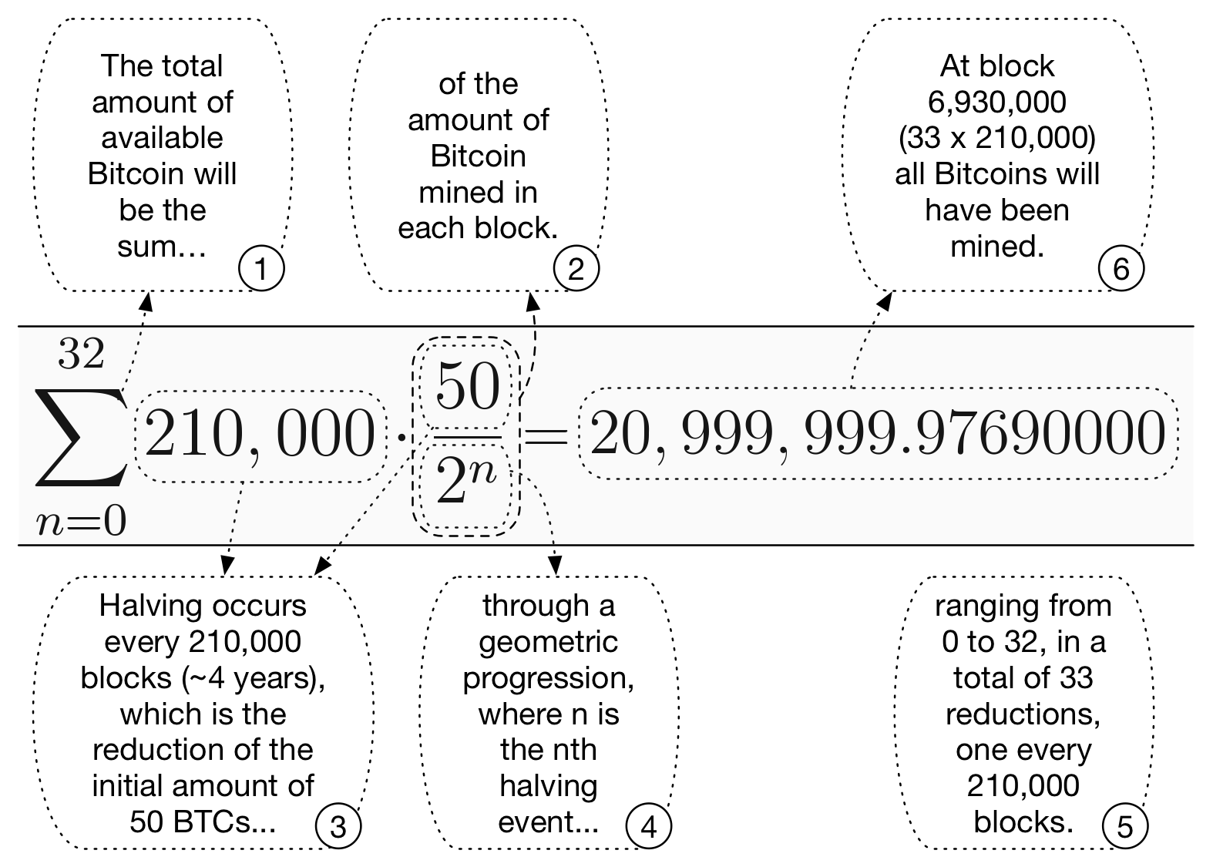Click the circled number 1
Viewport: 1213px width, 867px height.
tap(261, 270)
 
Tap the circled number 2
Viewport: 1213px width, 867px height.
tap(576, 270)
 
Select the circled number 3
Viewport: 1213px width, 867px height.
tap(338, 827)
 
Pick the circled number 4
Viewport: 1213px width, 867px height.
tap(649, 827)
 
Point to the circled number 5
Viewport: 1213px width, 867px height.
tap(1124, 827)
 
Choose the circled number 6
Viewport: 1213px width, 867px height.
tap(1121, 270)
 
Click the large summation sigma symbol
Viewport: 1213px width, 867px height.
tap(79, 438)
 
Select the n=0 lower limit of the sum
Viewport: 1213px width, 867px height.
tap(81, 522)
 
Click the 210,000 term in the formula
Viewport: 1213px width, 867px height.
tap(260, 435)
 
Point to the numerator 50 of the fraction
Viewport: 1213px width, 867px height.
tap(468, 387)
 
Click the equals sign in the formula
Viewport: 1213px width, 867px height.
tap(546, 437)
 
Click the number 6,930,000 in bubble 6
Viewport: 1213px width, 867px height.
tap(996, 102)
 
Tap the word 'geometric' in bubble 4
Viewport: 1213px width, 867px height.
tap(548, 642)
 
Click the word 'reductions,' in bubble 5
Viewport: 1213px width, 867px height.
tap(1023, 714)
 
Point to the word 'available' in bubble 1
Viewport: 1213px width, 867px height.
tap(162, 138)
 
